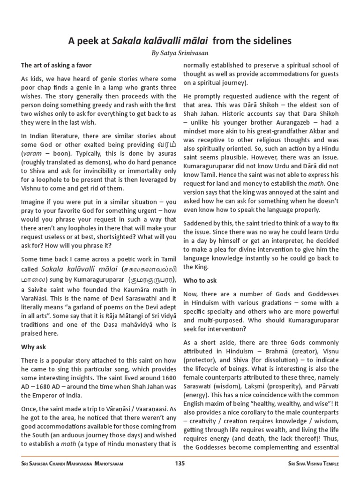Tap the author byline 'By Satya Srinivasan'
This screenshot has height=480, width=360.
click(180, 54)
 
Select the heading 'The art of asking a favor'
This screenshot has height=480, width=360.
click(56, 65)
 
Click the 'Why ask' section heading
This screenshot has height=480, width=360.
click(33, 347)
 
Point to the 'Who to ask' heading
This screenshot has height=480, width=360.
click(200, 280)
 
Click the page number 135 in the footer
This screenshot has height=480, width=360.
click(180, 464)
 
